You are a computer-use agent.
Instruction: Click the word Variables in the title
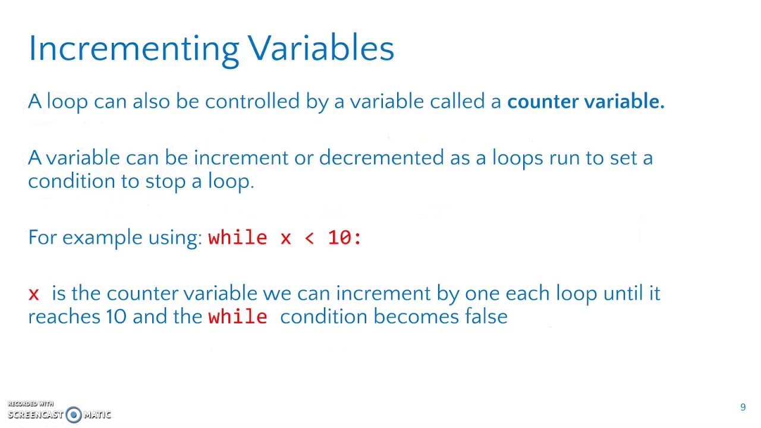321,48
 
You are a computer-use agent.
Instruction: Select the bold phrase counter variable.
586,102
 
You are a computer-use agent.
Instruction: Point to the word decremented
381,158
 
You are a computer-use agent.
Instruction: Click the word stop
165,181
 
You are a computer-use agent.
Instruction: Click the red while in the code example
238,238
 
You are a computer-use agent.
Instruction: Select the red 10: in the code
344,238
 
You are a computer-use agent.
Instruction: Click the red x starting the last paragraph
33,294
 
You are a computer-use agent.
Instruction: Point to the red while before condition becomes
238,317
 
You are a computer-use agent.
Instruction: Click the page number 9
743,407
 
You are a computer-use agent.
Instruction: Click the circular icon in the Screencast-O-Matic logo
74,414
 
